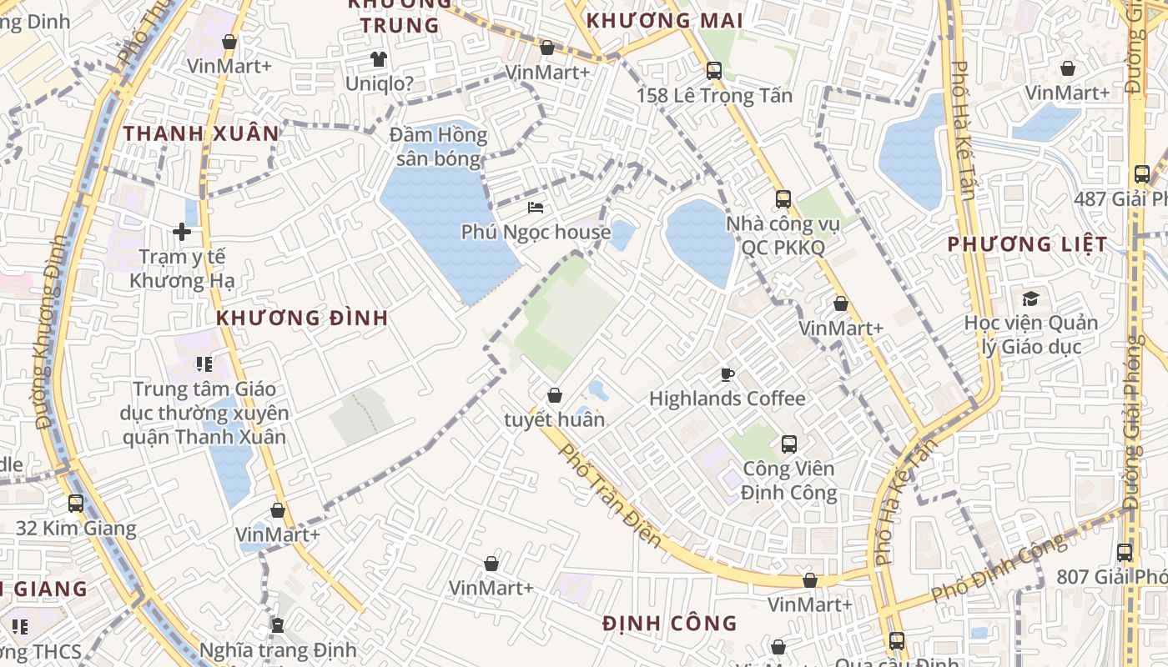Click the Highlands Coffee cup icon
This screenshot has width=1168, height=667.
(727, 374)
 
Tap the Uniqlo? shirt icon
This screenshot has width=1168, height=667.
(379, 59)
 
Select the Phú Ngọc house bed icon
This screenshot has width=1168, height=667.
(536, 208)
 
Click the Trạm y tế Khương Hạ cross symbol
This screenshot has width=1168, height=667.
(182, 232)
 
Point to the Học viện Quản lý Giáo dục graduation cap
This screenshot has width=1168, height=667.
(1031, 298)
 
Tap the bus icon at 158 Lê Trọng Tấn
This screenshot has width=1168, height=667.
(714, 71)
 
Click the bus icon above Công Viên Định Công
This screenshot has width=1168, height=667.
(789, 444)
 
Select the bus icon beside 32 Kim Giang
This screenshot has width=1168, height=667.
(76, 504)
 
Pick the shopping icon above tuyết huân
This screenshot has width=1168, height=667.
(555, 395)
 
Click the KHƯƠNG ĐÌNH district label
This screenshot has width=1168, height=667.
(302, 318)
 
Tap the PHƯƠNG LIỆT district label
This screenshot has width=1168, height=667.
(1028, 244)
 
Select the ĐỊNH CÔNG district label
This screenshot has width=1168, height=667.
(670, 623)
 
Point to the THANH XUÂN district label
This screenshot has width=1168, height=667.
(202, 133)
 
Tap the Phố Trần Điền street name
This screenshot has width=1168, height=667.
(610, 495)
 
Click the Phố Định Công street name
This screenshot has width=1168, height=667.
(999, 567)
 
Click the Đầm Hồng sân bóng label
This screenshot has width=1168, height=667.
(439, 147)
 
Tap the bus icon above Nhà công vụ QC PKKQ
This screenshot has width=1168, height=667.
(783, 199)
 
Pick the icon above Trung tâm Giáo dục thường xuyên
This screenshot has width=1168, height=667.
(204, 364)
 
